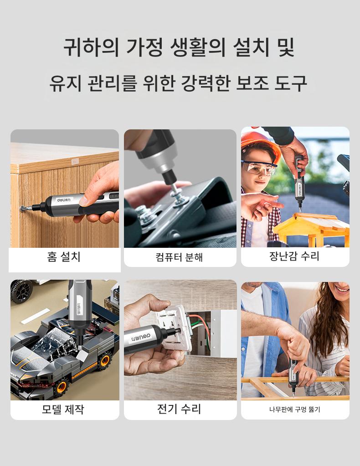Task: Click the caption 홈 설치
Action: [x=64, y=256]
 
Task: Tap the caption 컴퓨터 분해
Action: [x=179, y=257]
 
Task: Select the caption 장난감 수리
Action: [x=294, y=256]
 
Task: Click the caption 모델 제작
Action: [x=63, y=409]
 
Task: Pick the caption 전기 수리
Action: [x=179, y=409]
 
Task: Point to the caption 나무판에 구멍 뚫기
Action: [x=294, y=410]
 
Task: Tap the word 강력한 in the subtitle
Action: [x=206, y=83]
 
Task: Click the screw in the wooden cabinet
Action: [x=22, y=208]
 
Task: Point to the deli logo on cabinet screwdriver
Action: [x=64, y=200]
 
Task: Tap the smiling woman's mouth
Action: [x=343, y=289]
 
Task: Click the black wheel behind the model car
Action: [x=21, y=291]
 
